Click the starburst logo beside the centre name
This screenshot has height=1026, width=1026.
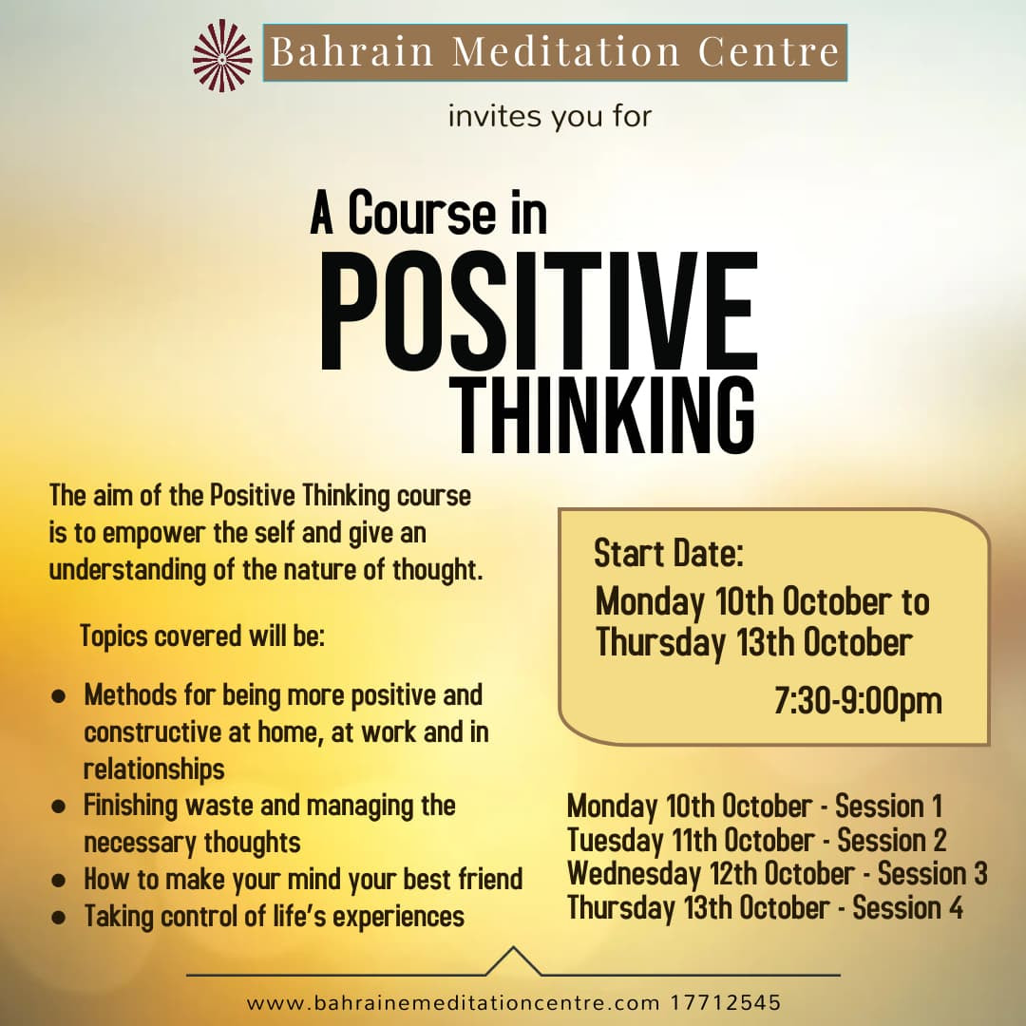point(222,56)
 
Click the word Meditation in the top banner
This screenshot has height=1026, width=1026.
point(566,51)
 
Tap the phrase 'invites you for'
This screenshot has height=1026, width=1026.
point(550,117)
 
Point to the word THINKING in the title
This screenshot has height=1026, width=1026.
point(605,416)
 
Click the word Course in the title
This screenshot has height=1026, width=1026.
point(422,212)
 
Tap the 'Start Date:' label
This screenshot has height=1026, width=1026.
point(669,554)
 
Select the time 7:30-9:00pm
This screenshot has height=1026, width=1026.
point(858,701)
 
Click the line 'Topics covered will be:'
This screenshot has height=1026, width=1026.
point(202,636)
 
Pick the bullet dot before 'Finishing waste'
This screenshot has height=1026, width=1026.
point(59,807)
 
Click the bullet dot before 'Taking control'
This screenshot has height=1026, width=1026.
point(59,917)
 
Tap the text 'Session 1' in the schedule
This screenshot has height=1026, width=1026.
point(888,806)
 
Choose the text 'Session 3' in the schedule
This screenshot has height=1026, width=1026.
point(932,874)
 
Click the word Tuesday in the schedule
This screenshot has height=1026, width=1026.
point(616,841)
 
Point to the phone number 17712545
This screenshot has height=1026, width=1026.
point(726,1002)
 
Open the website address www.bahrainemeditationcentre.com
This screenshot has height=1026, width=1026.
point(453,1002)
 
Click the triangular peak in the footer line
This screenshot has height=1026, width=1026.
point(514,947)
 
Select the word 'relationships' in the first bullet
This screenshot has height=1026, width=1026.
point(154,769)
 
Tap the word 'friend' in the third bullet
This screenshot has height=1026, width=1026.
point(490,879)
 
